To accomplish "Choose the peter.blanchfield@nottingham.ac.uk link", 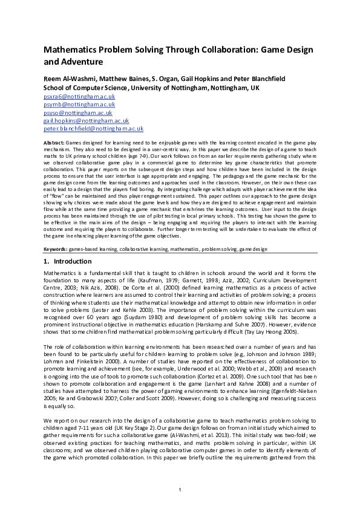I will click(x=93, y=128).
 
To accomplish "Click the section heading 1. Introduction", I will click(x=67, y=262).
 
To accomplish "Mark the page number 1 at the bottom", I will click(x=180, y=489).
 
